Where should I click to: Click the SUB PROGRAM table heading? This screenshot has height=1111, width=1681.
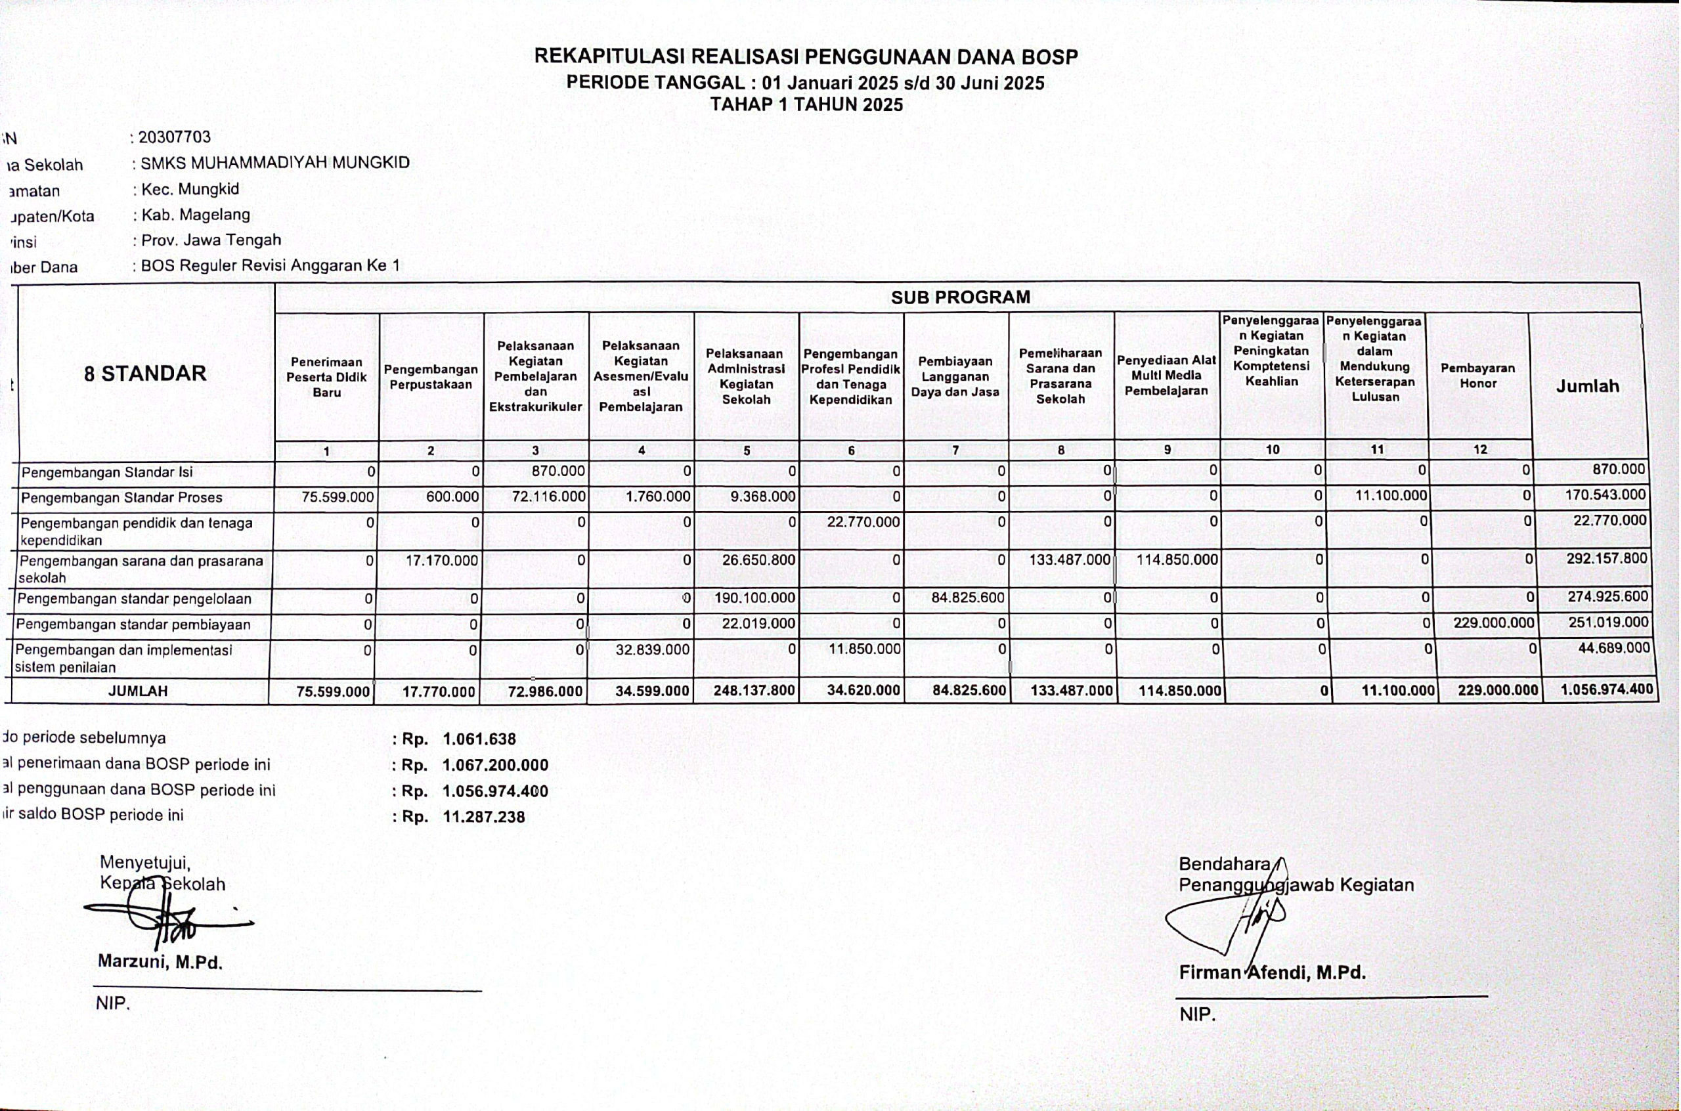[x=960, y=297]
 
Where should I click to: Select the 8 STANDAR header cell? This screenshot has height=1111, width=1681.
[x=145, y=374]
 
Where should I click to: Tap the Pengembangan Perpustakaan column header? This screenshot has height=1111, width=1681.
[x=431, y=377]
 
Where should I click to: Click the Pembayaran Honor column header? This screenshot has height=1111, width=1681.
[x=1477, y=376]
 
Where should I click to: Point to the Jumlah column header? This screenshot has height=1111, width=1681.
[x=1588, y=386]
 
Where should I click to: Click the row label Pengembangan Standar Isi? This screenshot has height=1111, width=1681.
[x=107, y=473]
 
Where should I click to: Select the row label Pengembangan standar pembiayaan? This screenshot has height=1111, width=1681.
[x=133, y=625]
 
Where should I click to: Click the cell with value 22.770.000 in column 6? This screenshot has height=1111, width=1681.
[x=863, y=522]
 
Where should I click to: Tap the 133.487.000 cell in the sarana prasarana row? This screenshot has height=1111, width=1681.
[x=1069, y=559]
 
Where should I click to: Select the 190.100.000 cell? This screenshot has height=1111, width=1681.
[x=754, y=598]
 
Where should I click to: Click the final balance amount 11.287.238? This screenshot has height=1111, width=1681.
[x=484, y=817]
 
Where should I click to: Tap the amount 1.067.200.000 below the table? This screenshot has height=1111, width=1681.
[x=495, y=765]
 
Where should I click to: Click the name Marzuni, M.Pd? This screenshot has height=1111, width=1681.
[x=160, y=961]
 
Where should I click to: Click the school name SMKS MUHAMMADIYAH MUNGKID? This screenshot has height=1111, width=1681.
[x=275, y=163]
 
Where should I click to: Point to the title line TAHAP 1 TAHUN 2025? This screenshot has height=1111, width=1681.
[x=806, y=105]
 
